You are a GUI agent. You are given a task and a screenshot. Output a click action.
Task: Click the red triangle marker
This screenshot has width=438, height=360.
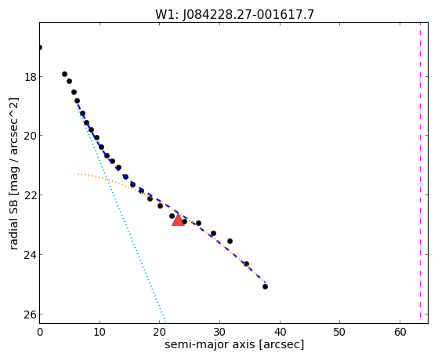[178, 220]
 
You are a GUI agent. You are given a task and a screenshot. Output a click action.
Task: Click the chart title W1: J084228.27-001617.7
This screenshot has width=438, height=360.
[234, 14]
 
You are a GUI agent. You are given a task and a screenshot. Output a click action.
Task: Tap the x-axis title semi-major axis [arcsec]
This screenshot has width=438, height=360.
[234, 344]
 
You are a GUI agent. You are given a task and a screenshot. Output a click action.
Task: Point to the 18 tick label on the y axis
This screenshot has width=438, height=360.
[31, 77]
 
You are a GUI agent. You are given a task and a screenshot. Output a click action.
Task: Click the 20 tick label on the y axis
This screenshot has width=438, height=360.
[31, 136]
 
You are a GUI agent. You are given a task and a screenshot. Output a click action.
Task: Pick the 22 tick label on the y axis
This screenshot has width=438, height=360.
[31, 195]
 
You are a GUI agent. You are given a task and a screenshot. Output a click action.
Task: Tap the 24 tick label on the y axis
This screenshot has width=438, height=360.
[31, 255]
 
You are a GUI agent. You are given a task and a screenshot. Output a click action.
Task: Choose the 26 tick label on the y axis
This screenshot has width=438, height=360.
[31, 315]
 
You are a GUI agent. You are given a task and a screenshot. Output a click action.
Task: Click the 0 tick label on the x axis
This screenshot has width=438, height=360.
[40, 333]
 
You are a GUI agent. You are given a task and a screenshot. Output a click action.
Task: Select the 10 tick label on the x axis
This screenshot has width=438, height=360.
[100, 333]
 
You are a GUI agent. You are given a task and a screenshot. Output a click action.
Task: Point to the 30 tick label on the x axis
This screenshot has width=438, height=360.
[220, 333]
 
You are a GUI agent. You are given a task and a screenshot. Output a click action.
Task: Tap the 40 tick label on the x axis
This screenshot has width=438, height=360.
[280, 333]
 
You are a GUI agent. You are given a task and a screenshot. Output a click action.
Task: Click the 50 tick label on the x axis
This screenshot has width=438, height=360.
[340, 333]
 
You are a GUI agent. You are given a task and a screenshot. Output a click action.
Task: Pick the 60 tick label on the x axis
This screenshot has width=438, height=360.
[400, 333]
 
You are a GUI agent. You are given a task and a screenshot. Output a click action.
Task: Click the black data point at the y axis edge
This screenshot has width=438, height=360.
[40, 48]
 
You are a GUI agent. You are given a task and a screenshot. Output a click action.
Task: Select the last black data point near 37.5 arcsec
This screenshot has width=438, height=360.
[265, 286]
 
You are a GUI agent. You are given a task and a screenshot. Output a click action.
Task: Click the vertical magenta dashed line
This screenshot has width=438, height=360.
[420, 173]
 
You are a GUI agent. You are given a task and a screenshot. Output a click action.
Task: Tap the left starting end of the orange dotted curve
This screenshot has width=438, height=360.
[78, 174]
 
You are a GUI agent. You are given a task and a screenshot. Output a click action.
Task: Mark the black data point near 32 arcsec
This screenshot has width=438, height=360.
[230, 241]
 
